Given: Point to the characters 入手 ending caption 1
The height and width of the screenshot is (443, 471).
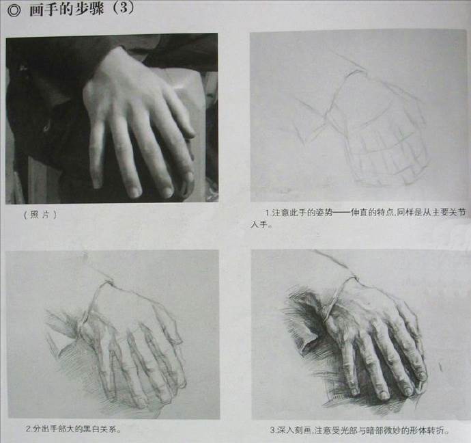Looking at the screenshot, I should [260, 225].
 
